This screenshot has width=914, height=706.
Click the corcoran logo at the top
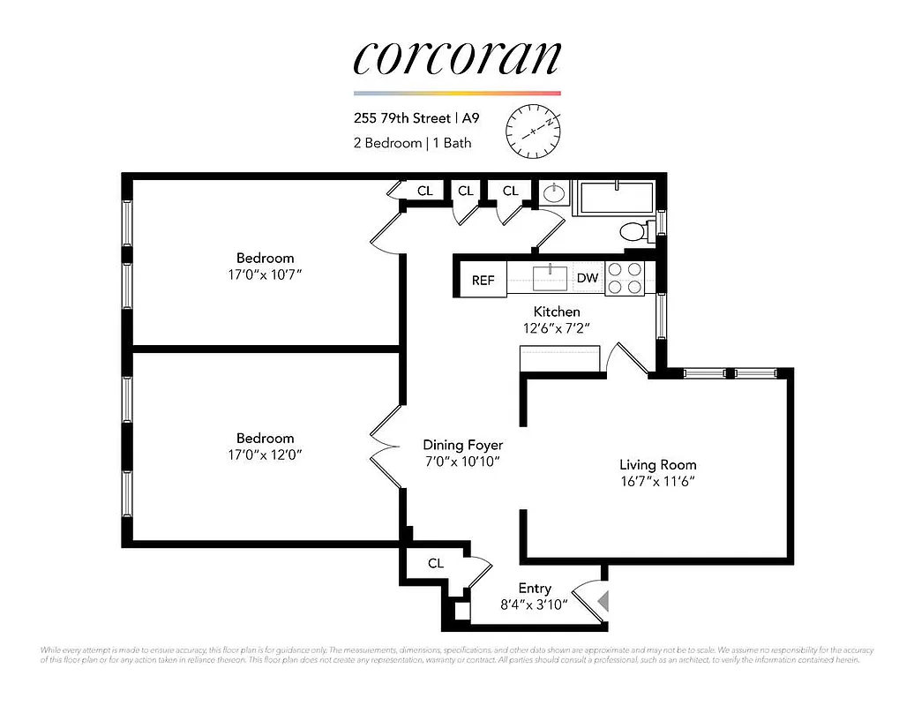[x=456, y=57]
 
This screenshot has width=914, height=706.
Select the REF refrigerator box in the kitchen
[x=483, y=281]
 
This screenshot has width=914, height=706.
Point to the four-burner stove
[x=624, y=277]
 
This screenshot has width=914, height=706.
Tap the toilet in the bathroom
[x=633, y=232]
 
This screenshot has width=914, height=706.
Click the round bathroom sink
[x=553, y=192]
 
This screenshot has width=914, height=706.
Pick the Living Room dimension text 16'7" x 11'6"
[x=657, y=482]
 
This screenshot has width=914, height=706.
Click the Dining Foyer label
[x=462, y=445]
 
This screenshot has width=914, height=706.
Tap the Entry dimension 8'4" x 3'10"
[x=535, y=605]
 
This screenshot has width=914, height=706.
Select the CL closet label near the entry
[x=436, y=563]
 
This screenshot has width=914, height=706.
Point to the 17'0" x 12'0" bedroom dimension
[x=265, y=455]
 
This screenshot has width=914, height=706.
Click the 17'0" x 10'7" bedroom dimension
[x=265, y=275]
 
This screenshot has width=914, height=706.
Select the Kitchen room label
[x=557, y=312]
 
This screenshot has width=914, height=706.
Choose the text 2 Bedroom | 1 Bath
[x=412, y=143]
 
